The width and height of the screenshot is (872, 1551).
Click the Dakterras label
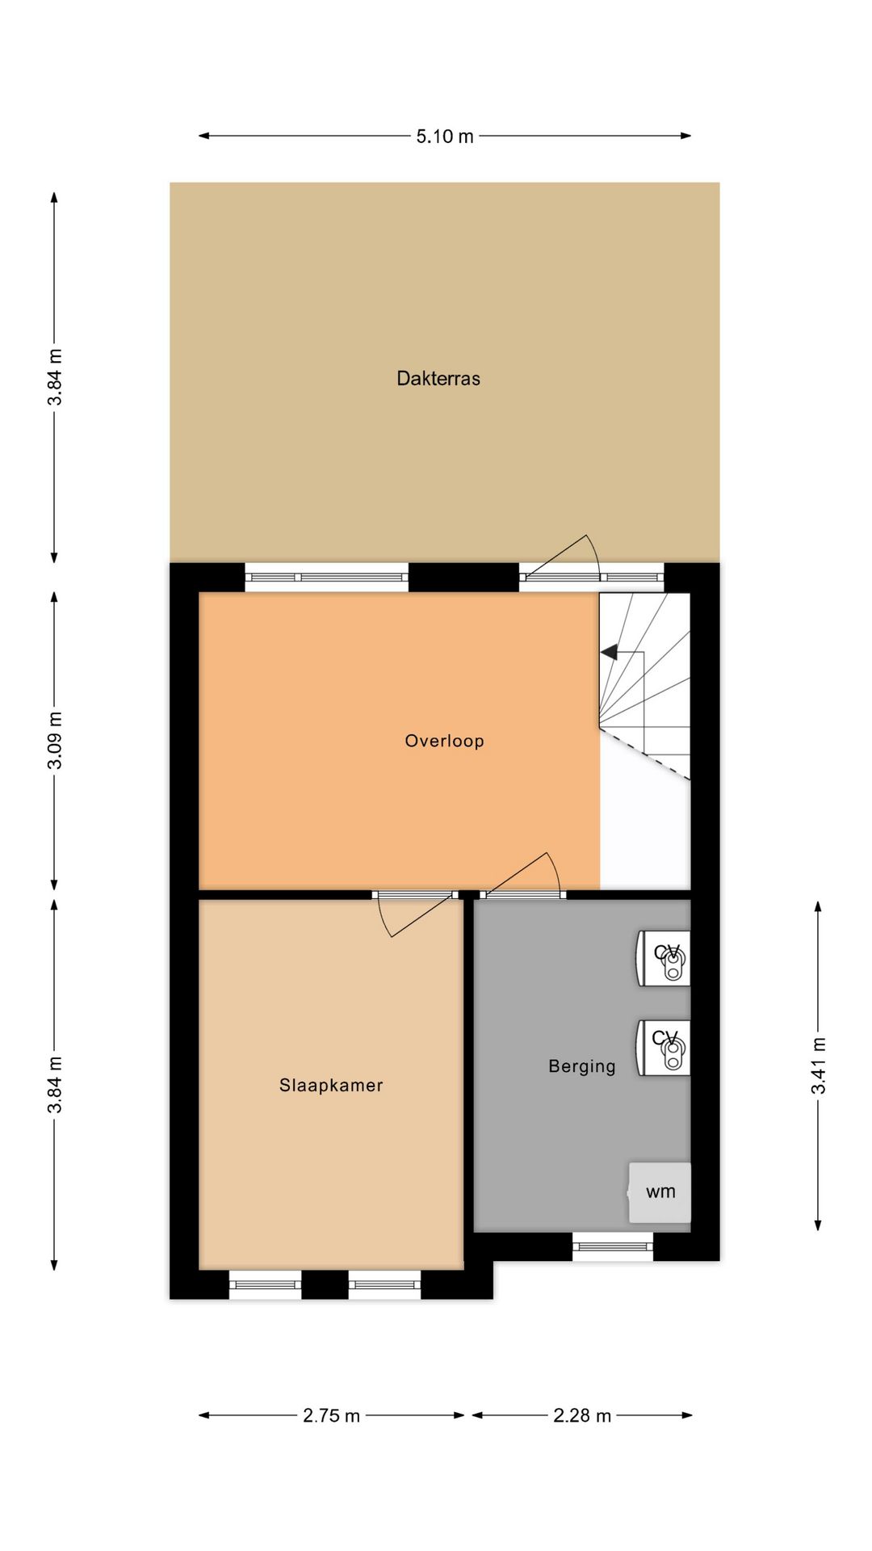click(438, 378)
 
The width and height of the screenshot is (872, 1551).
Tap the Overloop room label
click(444, 741)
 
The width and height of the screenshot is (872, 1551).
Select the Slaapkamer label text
click(331, 1085)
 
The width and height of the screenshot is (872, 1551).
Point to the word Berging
click(581, 1066)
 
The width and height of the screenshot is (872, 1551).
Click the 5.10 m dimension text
click(445, 136)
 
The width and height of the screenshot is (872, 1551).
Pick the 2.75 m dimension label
click(331, 1415)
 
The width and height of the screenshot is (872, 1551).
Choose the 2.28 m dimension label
click(582, 1415)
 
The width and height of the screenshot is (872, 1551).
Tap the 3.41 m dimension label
click(819, 1066)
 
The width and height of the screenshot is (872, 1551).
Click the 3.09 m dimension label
click(55, 740)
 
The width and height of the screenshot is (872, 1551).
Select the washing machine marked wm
click(660, 1192)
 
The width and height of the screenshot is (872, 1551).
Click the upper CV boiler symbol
click(664, 958)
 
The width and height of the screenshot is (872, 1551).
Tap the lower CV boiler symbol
click(664, 1047)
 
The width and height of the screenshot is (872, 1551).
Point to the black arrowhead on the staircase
click(609, 652)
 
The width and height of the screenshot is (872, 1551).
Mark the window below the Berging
click(613, 1246)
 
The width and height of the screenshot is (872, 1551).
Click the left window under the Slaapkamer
click(265, 1284)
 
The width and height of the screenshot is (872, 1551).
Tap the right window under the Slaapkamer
click(384, 1284)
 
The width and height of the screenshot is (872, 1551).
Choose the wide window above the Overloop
click(326, 578)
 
